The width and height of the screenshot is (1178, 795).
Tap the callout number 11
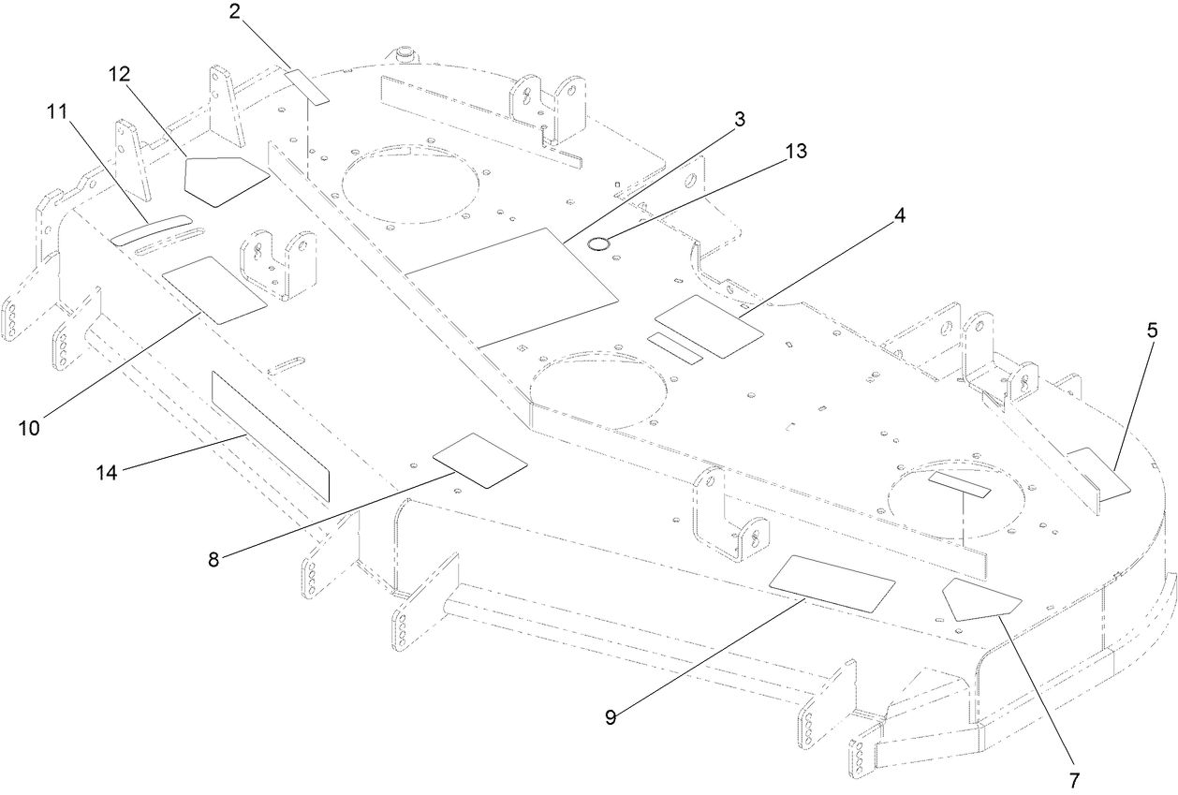[x=58, y=110]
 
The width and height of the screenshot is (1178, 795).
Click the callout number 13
[x=797, y=150]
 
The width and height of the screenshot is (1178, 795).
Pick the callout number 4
[x=899, y=214]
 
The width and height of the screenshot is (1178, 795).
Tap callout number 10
[x=29, y=428]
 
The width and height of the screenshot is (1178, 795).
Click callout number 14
[x=108, y=472]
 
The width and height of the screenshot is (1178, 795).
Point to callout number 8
[x=214, y=560]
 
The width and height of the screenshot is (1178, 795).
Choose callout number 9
[x=610, y=717]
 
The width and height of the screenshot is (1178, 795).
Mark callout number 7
[x=1074, y=779]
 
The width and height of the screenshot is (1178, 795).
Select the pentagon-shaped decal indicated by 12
[x=226, y=179]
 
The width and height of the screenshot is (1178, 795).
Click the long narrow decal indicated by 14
[x=271, y=435]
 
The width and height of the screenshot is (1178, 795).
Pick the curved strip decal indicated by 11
[x=151, y=229]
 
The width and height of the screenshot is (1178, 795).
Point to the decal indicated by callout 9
[x=831, y=582]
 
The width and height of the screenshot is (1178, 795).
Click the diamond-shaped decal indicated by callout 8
[x=479, y=460]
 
